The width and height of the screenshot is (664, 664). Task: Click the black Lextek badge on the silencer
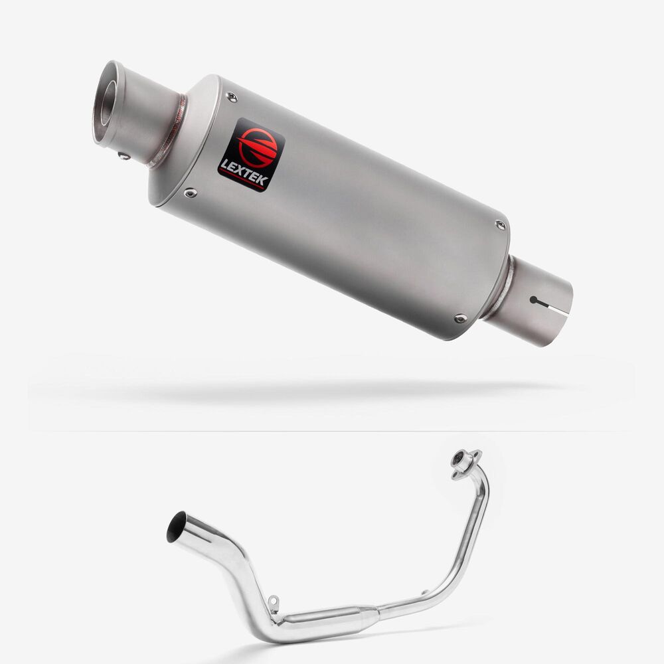click(251, 155)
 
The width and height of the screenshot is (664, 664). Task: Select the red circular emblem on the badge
click(258, 147)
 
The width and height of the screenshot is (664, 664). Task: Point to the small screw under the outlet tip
click(124, 156)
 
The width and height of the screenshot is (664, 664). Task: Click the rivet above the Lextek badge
click(231, 97)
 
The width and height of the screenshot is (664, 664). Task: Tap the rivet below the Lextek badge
click(190, 193)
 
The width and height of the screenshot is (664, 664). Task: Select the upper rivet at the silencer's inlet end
click(501, 225)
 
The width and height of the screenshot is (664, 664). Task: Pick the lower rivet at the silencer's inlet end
click(460, 318)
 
